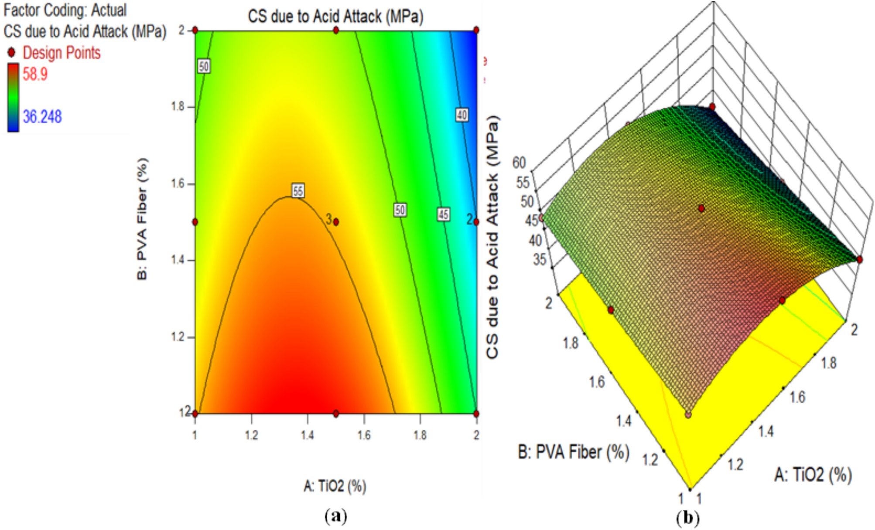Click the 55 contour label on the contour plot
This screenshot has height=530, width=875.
(x=298, y=191)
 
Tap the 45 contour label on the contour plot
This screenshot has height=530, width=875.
(x=443, y=214)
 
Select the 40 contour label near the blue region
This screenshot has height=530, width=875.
(x=462, y=115)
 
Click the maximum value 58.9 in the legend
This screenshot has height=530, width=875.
(x=35, y=74)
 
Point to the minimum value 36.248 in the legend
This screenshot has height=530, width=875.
(x=42, y=117)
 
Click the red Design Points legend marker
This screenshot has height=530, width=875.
(x=11, y=53)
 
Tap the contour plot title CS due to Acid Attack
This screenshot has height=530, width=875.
(x=335, y=17)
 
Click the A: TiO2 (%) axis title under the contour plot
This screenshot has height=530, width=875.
(x=335, y=486)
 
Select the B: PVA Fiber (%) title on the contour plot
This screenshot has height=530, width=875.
(x=142, y=219)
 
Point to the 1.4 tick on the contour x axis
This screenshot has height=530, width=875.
(x=307, y=435)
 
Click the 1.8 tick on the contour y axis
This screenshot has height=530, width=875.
(x=177, y=107)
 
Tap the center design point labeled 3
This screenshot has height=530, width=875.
(x=336, y=222)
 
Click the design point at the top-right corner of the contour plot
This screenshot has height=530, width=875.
(x=476, y=30)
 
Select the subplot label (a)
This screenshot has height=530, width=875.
(x=336, y=516)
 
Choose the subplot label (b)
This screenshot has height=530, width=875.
(x=688, y=518)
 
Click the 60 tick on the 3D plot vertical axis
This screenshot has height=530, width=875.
(x=519, y=163)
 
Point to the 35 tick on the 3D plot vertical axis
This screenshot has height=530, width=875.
(x=540, y=260)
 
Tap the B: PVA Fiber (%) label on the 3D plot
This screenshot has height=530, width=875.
(x=573, y=452)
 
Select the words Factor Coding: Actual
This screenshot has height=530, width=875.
(x=65, y=10)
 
